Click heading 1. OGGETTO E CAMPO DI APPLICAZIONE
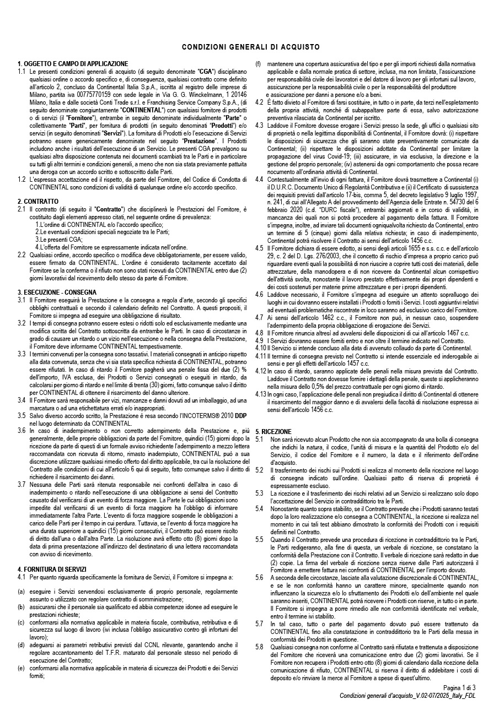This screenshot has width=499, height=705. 73,64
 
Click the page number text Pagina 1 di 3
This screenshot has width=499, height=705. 459,688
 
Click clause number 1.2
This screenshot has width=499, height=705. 22,180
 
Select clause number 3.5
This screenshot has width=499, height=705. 22,415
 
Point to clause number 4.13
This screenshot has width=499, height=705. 260,394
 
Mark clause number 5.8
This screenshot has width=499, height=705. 259,648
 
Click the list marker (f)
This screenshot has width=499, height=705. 258,64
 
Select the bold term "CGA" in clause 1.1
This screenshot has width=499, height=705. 207,72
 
